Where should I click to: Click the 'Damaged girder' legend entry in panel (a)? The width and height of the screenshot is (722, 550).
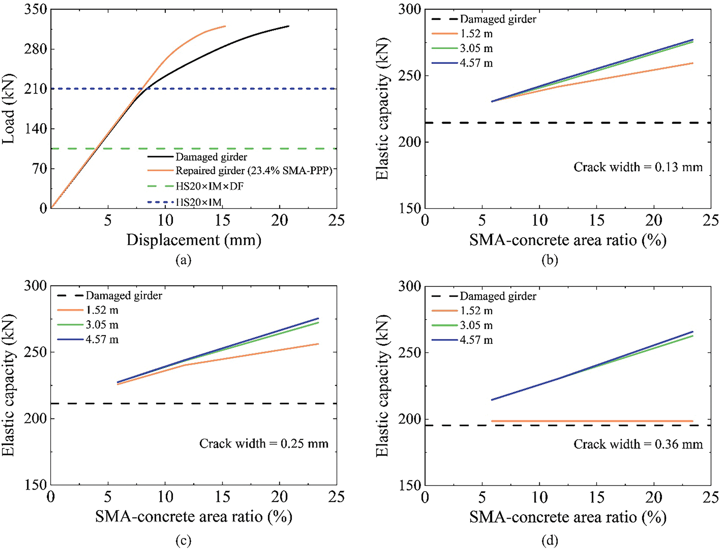tap(211, 157)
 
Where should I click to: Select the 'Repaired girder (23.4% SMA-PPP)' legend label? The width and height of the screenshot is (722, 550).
tap(253, 171)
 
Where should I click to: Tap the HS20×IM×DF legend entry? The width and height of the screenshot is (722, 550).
tap(209, 186)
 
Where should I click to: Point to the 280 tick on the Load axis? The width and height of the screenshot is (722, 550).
tap(36, 49)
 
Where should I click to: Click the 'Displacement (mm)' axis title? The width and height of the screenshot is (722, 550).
tap(194, 240)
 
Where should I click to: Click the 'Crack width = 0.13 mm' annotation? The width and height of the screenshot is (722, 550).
tap(638, 167)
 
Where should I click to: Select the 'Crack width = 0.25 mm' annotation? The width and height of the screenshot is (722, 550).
tap(264, 444)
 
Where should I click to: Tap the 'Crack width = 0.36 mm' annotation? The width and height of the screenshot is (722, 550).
tap(638, 444)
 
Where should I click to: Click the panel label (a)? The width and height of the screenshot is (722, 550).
tap(183, 260)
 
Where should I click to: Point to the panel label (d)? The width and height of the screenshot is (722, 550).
tap(550, 540)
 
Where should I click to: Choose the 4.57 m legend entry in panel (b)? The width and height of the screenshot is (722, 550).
tap(476, 63)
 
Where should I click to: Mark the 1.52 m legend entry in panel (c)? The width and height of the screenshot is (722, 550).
tap(102, 310)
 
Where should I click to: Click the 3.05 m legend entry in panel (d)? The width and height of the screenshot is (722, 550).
tap(476, 325)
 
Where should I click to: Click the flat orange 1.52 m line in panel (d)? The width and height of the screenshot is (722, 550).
tap(592, 421)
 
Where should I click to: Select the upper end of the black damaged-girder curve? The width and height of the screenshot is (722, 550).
tap(288, 26)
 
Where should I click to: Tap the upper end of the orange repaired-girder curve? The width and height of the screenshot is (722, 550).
tap(225, 26)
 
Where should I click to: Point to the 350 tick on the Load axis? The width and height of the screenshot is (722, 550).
tap(36, 9)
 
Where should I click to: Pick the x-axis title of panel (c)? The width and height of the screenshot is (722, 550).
tap(194, 517)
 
